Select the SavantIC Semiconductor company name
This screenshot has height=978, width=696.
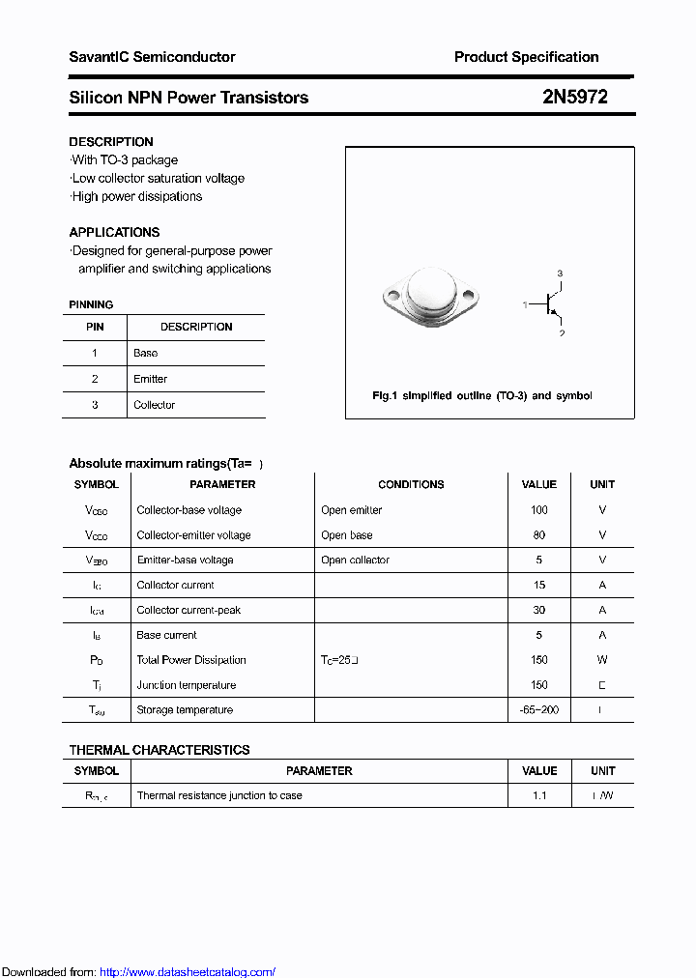pyautogui.click(x=152, y=57)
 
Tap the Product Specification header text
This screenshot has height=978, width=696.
pyautogui.click(x=526, y=57)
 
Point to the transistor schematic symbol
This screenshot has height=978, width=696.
pyautogui.click(x=554, y=304)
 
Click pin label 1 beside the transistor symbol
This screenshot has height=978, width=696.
pyautogui.click(x=526, y=304)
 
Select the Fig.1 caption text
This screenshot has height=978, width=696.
pyautogui.click(x=482, y=396)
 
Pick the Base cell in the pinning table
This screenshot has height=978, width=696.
pyautogui.click(x=145, y=354)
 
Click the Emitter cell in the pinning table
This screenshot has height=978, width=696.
pyautogui.click(x=150, y=379)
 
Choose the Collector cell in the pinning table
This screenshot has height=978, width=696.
pyautogui.click(x=154, y=405)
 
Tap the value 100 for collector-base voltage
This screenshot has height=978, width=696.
pyautogui.click(x=538, y=510)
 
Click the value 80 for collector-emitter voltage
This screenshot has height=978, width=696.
pyautogui.click(x=538, y=535)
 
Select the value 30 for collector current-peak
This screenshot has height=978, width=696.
pyautogui.click(x=538, y=610)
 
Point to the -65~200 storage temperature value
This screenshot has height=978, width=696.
pyautogui.click(x=538, y=710)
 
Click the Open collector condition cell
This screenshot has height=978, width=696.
pyautogui.click(x=355, y=561)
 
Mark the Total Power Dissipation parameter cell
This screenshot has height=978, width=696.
pyautogui.click(x=191, y=660)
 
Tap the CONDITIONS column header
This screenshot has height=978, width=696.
pyautogui.click(x=411, y=485)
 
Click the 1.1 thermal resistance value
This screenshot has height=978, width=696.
pyautogui.click(x=538, y=796)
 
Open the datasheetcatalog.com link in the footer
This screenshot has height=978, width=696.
pyautogui.click(x=188, y=972)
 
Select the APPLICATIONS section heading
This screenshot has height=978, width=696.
pyautogui.click(x=114, y=232)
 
